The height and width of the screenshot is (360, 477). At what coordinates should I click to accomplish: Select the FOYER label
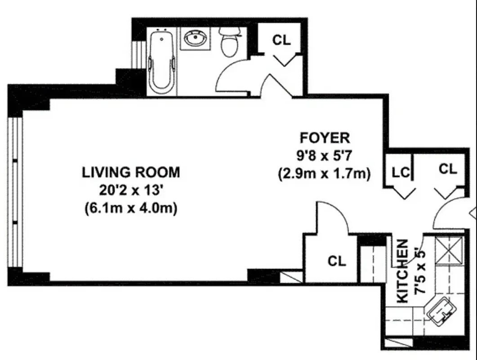point(325,137)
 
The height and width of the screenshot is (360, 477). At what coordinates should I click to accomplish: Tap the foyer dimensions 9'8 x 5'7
point(325,155)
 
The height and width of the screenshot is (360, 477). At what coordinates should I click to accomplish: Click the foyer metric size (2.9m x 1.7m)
point(325,173)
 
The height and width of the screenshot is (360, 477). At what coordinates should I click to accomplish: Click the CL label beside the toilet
point(281,40)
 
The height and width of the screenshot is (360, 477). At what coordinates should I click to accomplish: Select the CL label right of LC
point(447,169)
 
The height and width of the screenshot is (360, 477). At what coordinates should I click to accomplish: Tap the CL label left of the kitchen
point(337,261)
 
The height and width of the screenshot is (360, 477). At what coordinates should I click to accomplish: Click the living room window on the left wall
point(16,192)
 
